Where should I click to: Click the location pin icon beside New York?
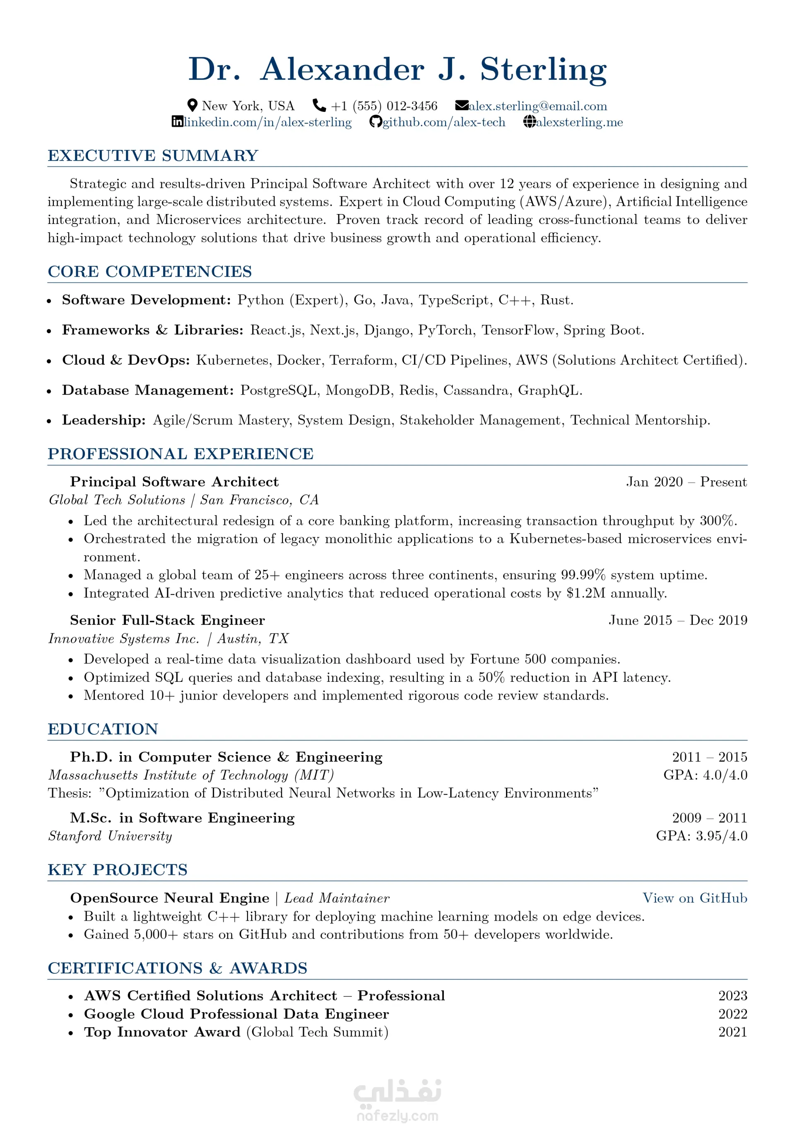pos(193,105)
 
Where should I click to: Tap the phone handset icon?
pos(319,105)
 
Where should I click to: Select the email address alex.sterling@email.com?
pos(537,106)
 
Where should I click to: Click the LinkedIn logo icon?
pos(178,122)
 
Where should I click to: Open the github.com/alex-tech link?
pos(443,123)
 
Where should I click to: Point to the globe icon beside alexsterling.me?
pos(530,122)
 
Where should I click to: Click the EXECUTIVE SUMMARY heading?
pos(153,156)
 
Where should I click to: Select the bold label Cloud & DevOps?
pos(126,360)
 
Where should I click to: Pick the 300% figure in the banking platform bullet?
pos(717,521)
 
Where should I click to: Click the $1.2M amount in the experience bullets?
pos(585,593)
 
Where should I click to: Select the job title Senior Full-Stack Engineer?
pos(167,621)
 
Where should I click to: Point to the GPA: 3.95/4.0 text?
pos(701,836)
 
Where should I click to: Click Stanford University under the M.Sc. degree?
pos(110,836)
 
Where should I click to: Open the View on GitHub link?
pos(695,898)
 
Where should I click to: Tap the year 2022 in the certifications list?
pos(732,1014)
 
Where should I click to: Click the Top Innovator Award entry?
pos(162,1032)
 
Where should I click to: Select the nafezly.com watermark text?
pos(397,1115)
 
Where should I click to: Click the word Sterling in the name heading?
pos(543,70)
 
